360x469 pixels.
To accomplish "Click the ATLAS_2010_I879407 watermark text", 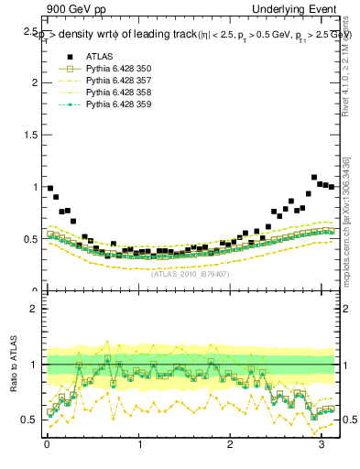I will coord(190,273).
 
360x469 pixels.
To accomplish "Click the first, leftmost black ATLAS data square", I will coord(50,188).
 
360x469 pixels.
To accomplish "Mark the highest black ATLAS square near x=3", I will coord(314,178).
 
